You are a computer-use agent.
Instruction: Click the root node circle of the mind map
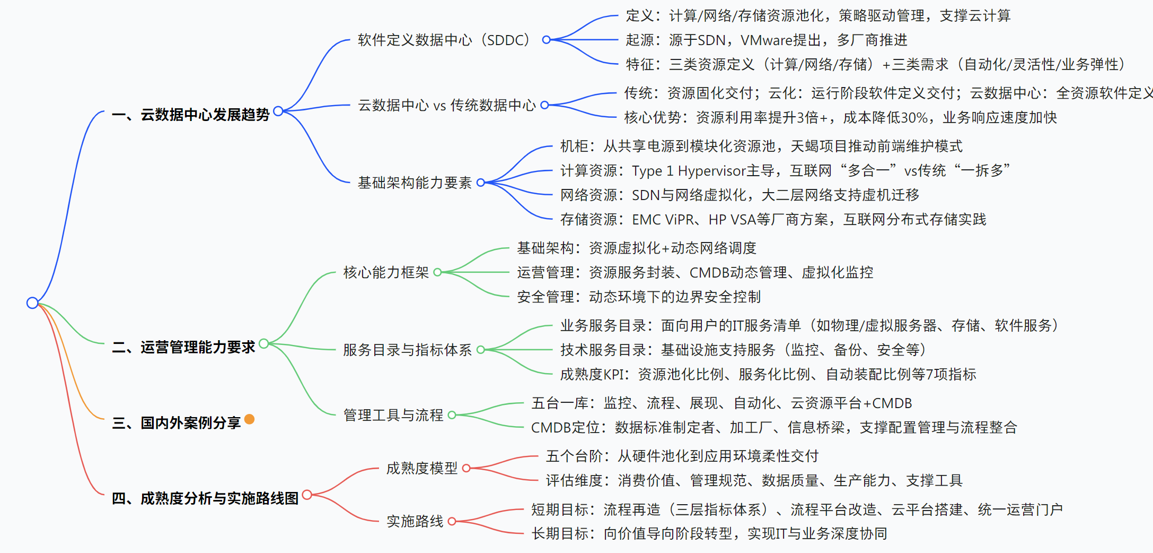pyautogui.click(x=32, y=303)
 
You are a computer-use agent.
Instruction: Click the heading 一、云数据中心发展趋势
pyautogui.click(x=191, y=115)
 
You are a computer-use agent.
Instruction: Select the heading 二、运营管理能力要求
pyautogui.click(x=183, y=347)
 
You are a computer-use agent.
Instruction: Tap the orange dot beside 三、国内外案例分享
pyautogui.click(x=249, y=419)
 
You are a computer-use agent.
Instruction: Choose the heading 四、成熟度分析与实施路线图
pyautogui.click(x=205, y=498)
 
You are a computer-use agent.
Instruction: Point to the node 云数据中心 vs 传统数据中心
pyautogui.click(x=446, y=105)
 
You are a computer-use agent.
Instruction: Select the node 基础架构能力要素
pyautogui.click(x=415, y=183)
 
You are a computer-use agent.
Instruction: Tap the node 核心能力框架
pyautogui.click(x=386, y=272)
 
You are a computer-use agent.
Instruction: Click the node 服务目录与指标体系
pyautogui.click(x=407, y=350)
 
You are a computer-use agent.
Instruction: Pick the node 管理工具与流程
pyautogui.click(x=393, y=415)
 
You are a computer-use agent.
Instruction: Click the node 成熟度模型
pyautogui.click(x=421, y=468)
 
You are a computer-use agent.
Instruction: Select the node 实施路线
pyautogui.click(x=415, y=521)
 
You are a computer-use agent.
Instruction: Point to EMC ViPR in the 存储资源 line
pyautogui.click(x=663, y=219)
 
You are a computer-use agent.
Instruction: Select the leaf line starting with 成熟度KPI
pyautogui.click(x=768, y=374)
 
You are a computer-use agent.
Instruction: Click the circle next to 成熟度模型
pyautogui.click(x=467, y=468)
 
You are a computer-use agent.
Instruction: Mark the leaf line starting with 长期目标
pyautogui.click(x=709, y=533)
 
